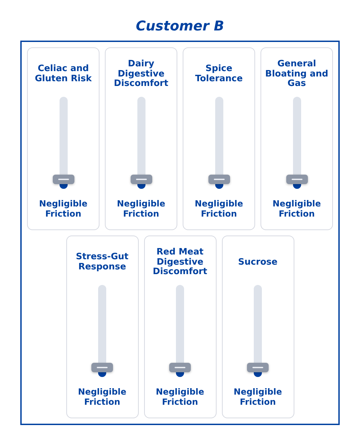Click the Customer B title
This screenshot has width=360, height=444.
(180, 26)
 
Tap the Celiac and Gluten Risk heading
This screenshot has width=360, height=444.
(63, 73)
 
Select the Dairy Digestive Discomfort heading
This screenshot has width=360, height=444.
(141, 73)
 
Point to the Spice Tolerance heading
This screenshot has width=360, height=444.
(219, 73)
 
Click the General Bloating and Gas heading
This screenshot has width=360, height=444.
(297, 73)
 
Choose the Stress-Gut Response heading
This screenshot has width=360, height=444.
(102, 261)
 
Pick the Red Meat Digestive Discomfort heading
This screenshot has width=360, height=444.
(180, 261)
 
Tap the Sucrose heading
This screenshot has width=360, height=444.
(258, 261)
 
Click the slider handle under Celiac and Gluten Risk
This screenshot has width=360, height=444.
(64, 179)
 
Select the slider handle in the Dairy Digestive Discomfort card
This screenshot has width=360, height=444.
(141, 179)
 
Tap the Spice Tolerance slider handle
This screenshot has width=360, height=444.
(219, 179)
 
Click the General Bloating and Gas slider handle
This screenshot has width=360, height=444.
(297, 179)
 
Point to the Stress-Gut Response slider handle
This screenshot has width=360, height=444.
(102, 368)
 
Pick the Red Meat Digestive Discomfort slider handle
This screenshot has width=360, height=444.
(180, 368)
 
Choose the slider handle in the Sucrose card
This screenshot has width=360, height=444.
(258, 368)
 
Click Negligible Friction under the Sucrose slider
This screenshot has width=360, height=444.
(258, 397)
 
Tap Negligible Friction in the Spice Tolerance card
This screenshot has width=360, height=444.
(219, 208)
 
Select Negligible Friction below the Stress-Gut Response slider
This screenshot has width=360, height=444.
(102, 397)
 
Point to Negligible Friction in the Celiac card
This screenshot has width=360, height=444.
(63, 208)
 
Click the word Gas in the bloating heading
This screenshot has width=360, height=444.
(297, 83)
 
